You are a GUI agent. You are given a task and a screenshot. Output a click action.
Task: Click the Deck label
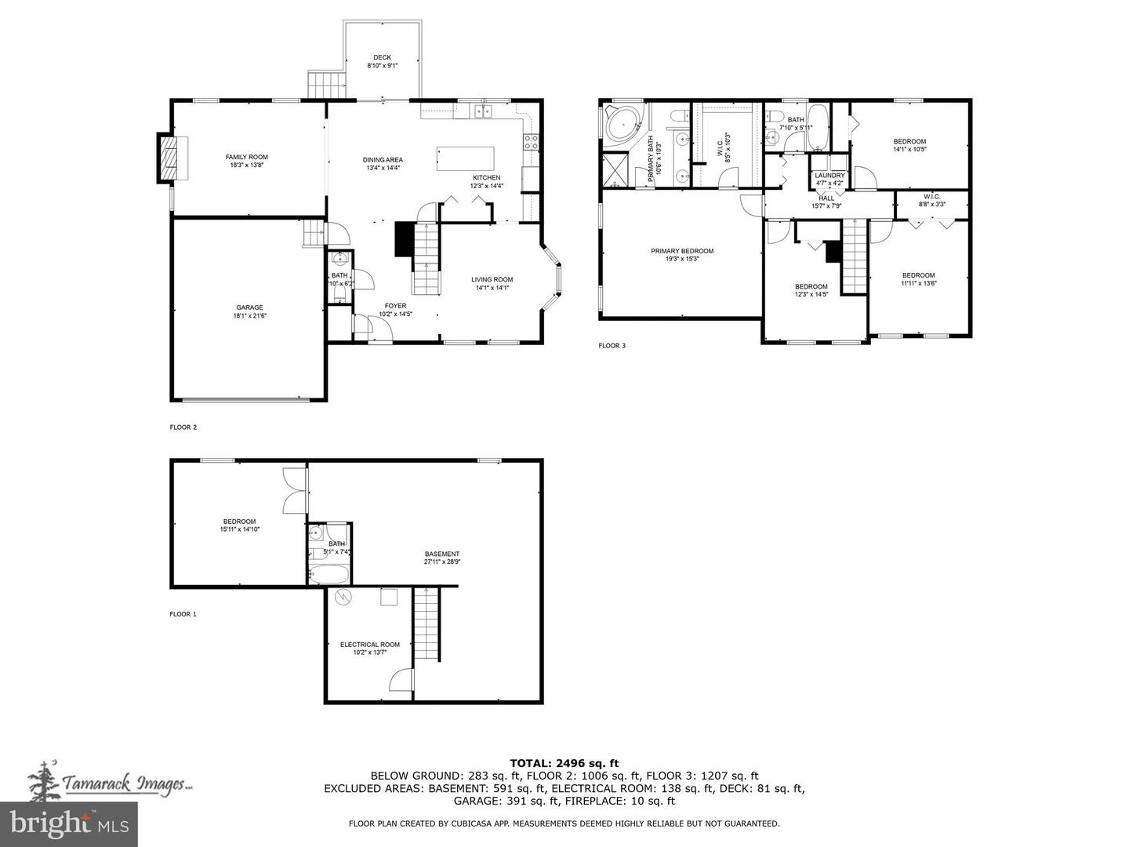[x=382, y=61]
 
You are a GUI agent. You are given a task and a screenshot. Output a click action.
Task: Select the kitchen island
[x=466, y=158]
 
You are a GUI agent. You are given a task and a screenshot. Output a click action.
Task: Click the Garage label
[x=249, y=311]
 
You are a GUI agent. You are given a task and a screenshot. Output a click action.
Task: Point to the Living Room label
[x=492, y=283]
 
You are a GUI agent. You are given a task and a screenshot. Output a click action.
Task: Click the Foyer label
[x=395, y=309]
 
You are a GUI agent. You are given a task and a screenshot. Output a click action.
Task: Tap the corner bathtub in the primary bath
[x=623, y=124]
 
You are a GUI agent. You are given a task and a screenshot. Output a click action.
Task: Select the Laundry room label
[x=830, y=179]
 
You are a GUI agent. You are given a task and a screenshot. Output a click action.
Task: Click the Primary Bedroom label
[x=682, y=255]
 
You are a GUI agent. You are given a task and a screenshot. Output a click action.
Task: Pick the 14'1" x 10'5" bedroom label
[x=909, y=145]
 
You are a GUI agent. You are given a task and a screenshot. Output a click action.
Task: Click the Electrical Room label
[x=369, y=648]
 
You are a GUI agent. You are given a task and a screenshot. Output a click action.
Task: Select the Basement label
[x=441, y=558]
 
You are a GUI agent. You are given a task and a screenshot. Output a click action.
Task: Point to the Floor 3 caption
[x=612, y=345]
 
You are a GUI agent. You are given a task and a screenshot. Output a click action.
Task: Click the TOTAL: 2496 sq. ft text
[x=564, y=762]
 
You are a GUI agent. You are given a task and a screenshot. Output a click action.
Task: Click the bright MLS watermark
[x=69, y=823]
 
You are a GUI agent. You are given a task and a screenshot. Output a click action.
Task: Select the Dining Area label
[x=383, y=163]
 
